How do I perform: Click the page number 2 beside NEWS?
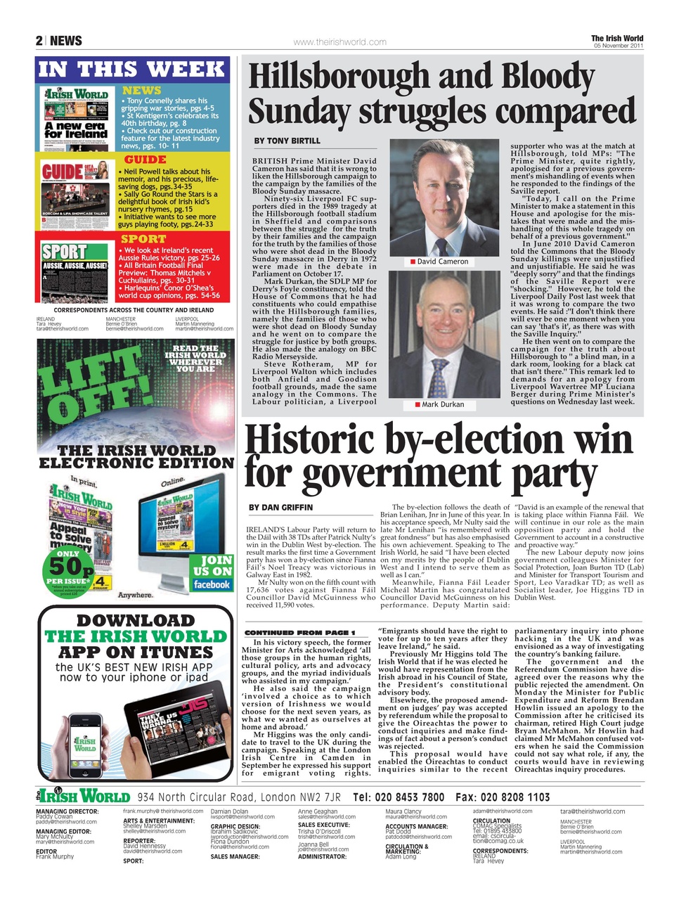[x=39, y=41]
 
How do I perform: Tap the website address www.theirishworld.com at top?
[x=339, y=42]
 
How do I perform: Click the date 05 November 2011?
[x=618, y=46]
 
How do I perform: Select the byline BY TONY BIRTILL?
[x=287, y=141]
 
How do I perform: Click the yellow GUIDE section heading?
[x=145, y=160]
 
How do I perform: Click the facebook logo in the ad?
[x=212, y=585]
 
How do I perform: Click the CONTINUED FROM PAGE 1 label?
[x=299, y=633]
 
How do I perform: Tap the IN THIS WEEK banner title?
[x=132, y=69]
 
